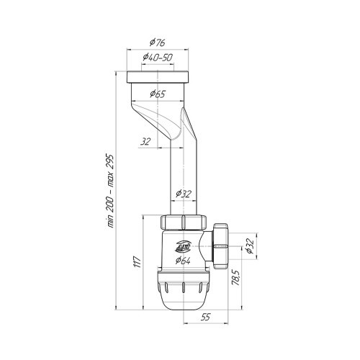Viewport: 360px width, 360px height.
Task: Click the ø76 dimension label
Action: click(158, 42)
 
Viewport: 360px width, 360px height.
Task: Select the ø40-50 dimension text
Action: click(158, 58)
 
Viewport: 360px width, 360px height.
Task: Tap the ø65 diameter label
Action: click(158, 94)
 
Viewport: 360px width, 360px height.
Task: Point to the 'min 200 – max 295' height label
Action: click(110, 192)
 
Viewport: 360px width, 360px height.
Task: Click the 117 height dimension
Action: click(138, 262)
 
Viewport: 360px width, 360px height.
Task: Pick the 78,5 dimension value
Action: click(236, 277)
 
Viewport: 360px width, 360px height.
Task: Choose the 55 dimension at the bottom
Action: click(206, 318)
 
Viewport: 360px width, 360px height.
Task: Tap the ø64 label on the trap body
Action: click(183, 260)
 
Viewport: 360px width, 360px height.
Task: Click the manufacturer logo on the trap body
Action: click(183, 246)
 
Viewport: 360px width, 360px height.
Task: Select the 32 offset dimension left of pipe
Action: click(145, 142)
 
